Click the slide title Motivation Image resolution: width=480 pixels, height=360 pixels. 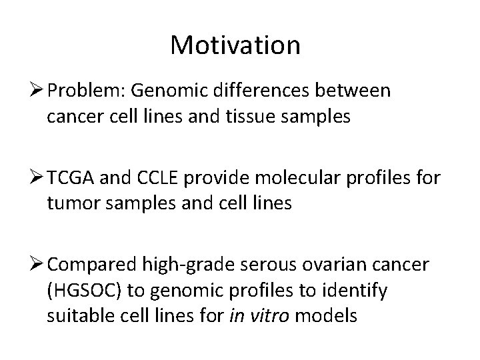[235, 45]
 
